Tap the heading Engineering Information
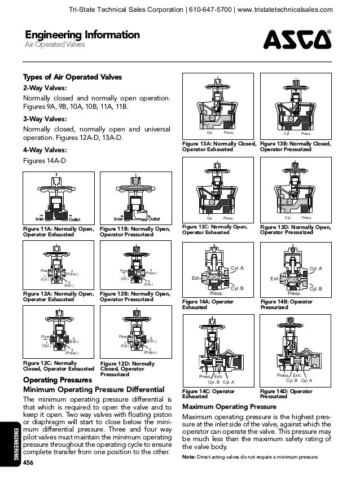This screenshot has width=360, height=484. point(81,35)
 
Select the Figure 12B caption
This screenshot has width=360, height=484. point(135,297)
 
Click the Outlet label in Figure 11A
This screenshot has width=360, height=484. point(74,219)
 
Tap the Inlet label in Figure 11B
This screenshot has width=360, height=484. point(118,219)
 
